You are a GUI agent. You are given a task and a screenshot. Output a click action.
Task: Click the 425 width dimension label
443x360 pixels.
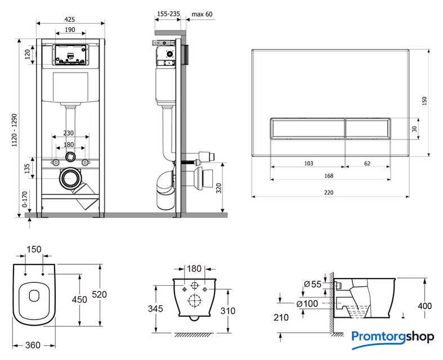pos(70,19)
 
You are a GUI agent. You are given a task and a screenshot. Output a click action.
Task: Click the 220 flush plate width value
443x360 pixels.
pos(329,192)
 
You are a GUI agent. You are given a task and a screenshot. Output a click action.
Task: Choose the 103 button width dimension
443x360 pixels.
pos(308,163)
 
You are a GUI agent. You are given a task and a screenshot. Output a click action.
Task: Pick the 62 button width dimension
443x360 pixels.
pos(367,163)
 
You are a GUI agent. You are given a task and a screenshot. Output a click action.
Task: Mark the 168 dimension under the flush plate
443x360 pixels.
pos(329,176)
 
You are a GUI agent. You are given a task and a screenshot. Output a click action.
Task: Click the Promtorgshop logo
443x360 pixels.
pos(392,336)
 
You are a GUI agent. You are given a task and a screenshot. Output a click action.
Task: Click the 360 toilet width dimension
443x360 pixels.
pos(33,345)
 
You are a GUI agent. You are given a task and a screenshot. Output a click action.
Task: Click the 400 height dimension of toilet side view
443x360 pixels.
pos(425,306)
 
